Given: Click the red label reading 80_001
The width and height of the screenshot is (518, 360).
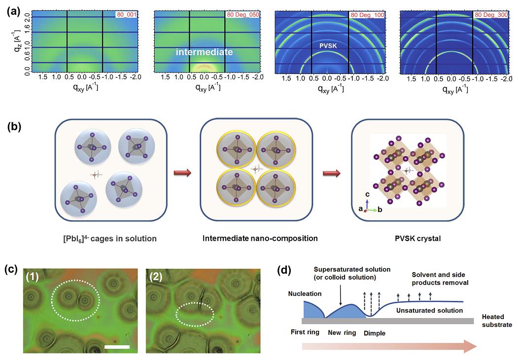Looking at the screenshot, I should click(126, 15).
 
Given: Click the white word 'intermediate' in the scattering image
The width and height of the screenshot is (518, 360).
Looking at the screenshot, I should click(205, 51).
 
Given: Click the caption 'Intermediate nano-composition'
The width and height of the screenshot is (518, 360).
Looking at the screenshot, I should click(260, 239).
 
